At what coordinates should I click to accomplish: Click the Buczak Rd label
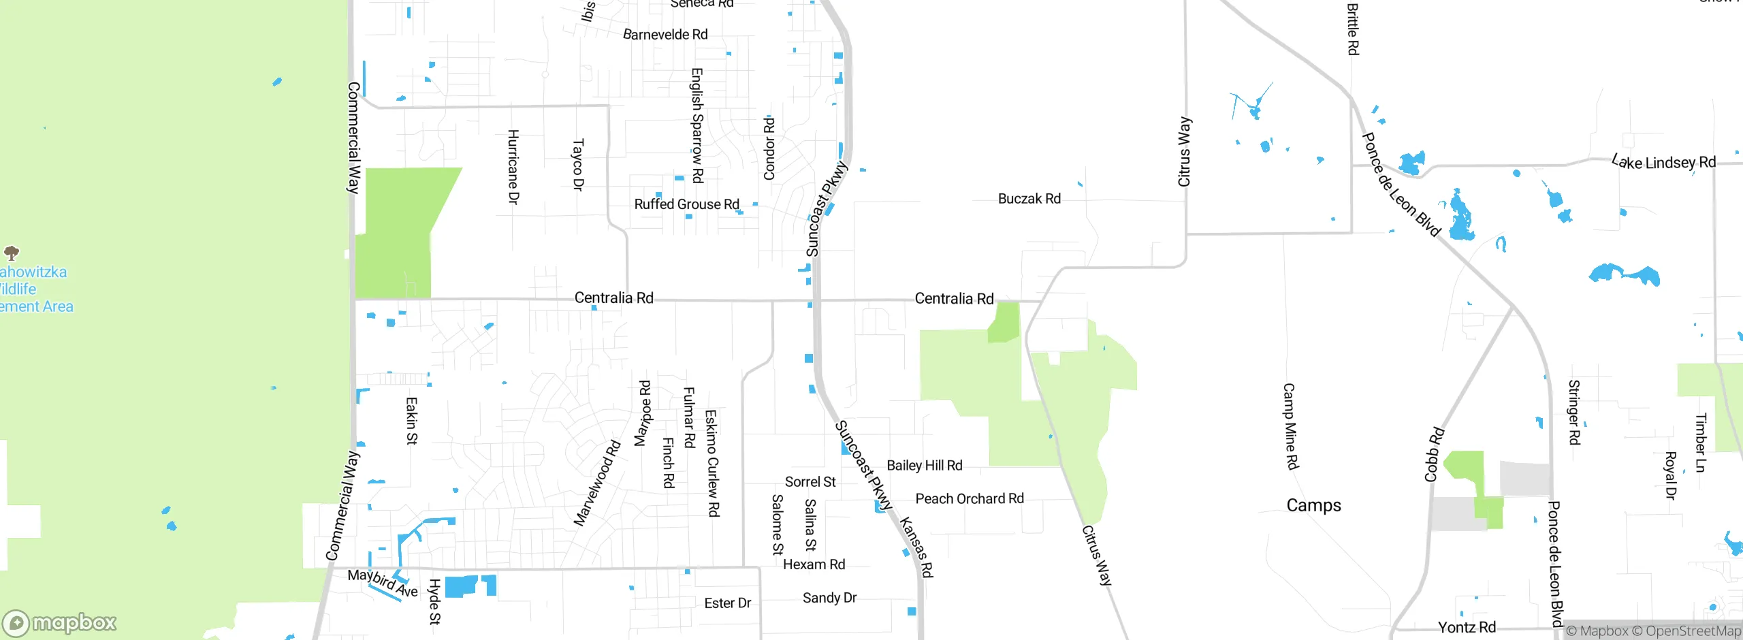(x=1029, y=199)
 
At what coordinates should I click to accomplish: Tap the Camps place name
(x=1313, y=505)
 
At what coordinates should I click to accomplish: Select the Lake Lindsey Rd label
(x=1663, y=162)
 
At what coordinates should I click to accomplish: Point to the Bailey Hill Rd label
(x=924, y=465)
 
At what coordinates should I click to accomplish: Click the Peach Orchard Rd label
(x=969, y=498)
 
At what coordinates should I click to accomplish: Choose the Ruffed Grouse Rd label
(x=686, y=204)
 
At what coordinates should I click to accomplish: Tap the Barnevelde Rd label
(x=665, y=34)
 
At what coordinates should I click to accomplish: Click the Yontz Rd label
(x=1467, y=627)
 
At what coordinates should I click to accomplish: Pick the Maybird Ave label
(x=382, y=583)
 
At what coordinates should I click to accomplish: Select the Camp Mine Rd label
(x=1290, y=426)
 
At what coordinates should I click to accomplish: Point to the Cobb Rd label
(x=1434, y=454)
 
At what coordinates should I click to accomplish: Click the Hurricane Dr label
(x=513, y=167)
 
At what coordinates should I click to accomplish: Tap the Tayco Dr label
(x=578, y=165)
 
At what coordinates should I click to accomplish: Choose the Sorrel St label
(x=810, y=482)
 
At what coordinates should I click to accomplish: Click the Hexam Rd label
(x=814, y=564)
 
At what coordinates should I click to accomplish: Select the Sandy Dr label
(x=829, y=598)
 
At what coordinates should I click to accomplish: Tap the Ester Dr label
(x=727, y=603)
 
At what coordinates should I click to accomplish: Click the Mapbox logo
(x=60, y=622)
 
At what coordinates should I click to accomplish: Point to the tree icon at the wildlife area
(x=12, y=253)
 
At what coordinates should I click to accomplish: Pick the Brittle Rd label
(x=1353, y=29)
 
